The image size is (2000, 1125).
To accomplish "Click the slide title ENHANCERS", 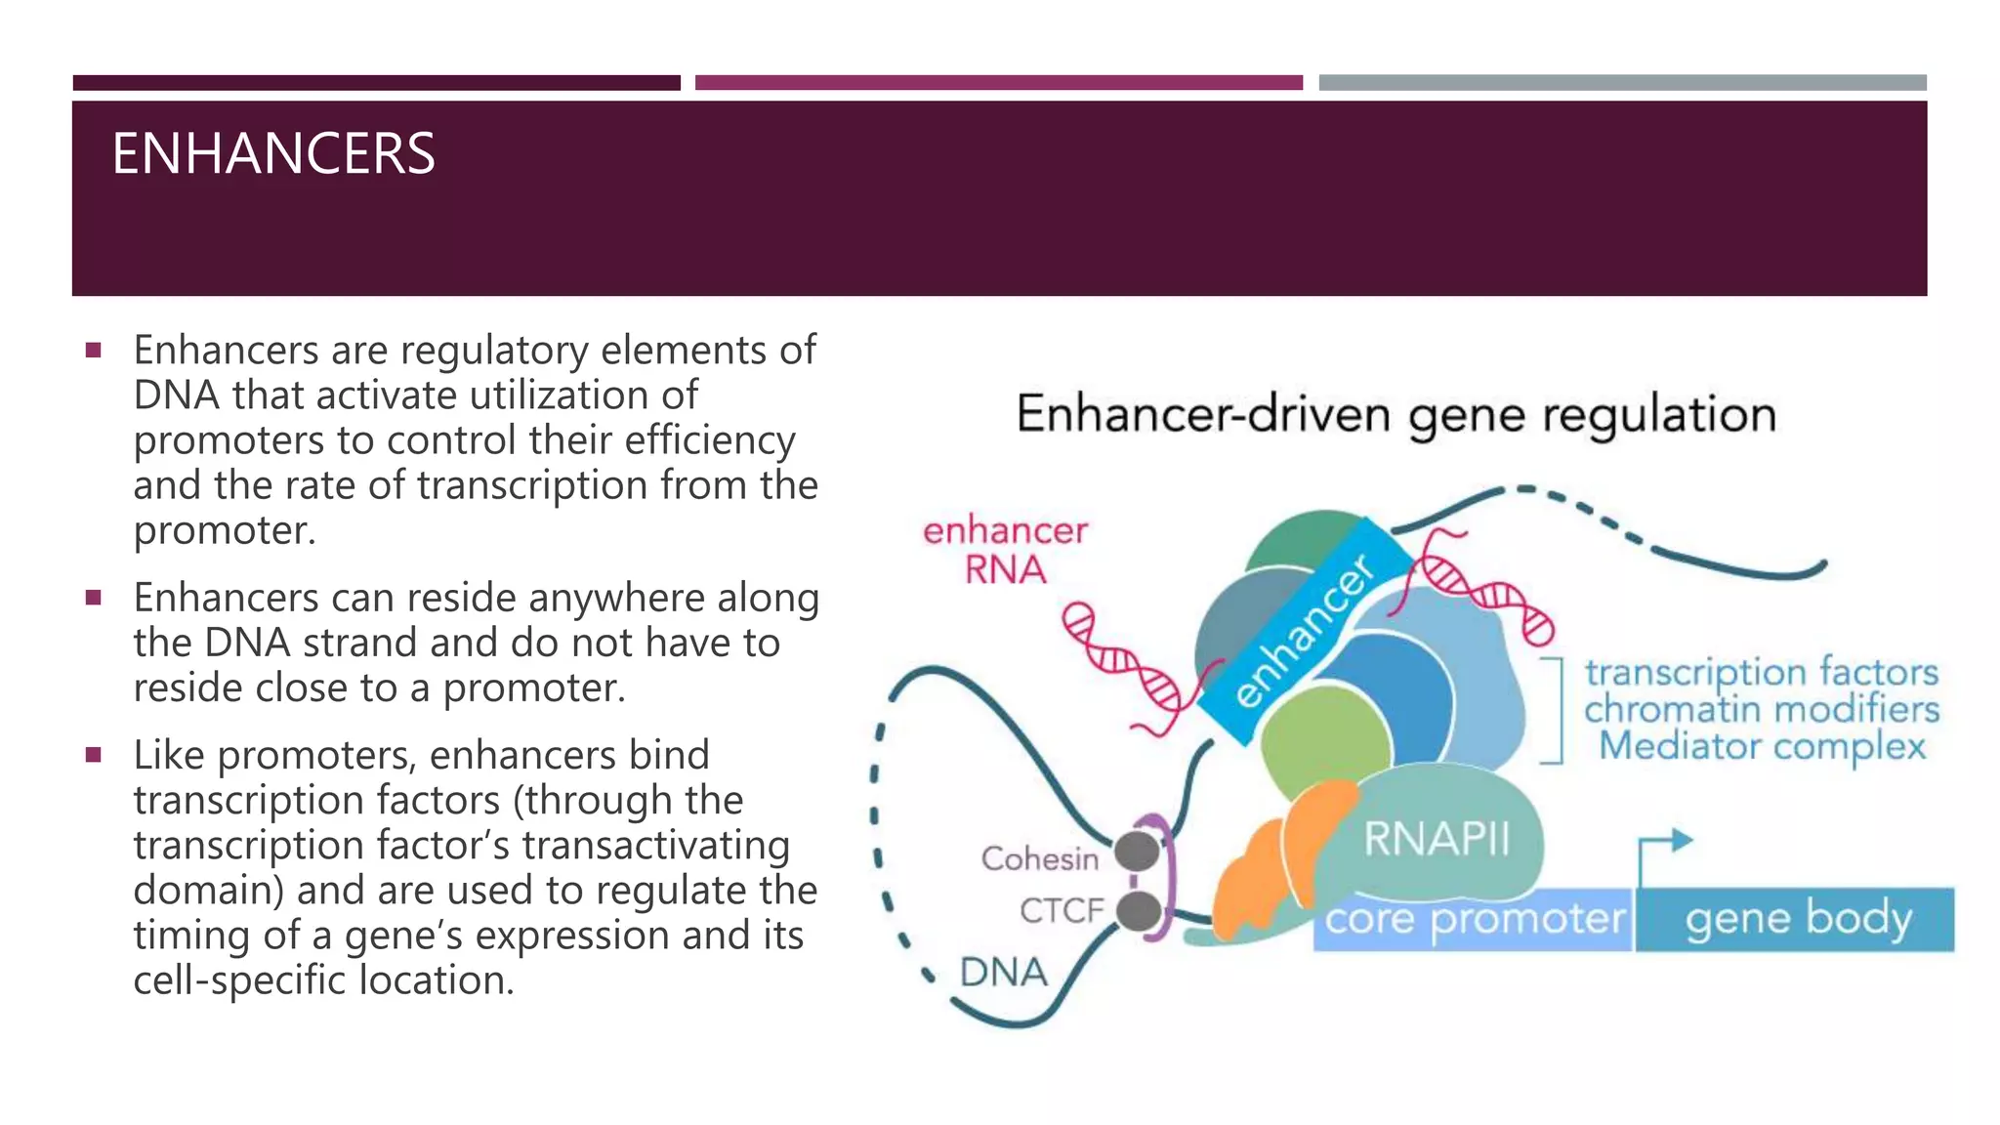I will coord(273,154).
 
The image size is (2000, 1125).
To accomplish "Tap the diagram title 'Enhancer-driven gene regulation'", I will coord(1396,415).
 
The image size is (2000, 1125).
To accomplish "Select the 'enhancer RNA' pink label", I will coord(1005,551).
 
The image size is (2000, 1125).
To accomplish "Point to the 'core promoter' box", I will coord(1474,919).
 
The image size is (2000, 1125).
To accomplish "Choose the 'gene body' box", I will coord(1797,919).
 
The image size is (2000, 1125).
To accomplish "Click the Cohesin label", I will coord(1039,859).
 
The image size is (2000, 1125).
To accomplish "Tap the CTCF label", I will coord(1062,910).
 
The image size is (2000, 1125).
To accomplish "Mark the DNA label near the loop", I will coord(1003,973).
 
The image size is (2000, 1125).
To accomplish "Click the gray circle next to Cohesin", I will coord(1137,851).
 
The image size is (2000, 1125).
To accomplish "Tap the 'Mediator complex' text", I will coord(1762,747).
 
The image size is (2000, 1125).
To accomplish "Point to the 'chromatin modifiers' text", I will coord(1762,710).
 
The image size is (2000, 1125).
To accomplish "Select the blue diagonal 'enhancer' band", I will coord(1304,630).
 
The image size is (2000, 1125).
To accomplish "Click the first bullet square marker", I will coord(94,350).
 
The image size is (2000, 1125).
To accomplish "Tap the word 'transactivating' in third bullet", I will coord(654,846).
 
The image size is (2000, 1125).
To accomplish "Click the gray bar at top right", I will coord(1622,83).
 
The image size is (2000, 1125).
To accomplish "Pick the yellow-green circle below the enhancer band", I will coord(1323,742).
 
